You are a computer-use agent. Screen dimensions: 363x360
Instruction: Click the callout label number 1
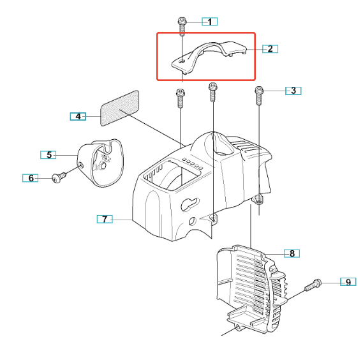(210, 22)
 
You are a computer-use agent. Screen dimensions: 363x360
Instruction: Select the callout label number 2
(270, 49)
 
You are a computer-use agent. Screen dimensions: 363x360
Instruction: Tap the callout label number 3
(293, 91)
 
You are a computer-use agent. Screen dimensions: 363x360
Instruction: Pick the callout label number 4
(78, 116)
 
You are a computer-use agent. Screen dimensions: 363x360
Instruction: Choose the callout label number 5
(48, 154)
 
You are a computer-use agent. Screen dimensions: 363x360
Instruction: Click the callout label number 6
(31, 178)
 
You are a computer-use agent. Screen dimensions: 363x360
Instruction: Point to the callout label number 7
(105, 219)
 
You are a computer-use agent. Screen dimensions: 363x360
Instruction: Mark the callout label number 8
(292, 253)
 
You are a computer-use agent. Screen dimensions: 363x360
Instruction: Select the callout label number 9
(348, 281)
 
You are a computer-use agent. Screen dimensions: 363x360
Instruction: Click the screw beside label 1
(182, 26)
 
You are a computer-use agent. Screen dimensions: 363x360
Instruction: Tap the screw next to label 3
(259, 96)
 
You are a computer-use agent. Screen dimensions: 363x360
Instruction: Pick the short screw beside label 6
(59, 177)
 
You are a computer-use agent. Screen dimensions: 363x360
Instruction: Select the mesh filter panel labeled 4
(120, 108)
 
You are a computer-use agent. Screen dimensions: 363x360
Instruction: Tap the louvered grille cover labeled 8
(251, 290)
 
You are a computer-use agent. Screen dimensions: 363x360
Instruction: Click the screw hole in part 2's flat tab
(182, 61)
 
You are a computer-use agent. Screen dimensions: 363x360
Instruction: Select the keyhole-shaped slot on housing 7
(190, 204)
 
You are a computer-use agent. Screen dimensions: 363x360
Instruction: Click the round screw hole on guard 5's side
(81, 165)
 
